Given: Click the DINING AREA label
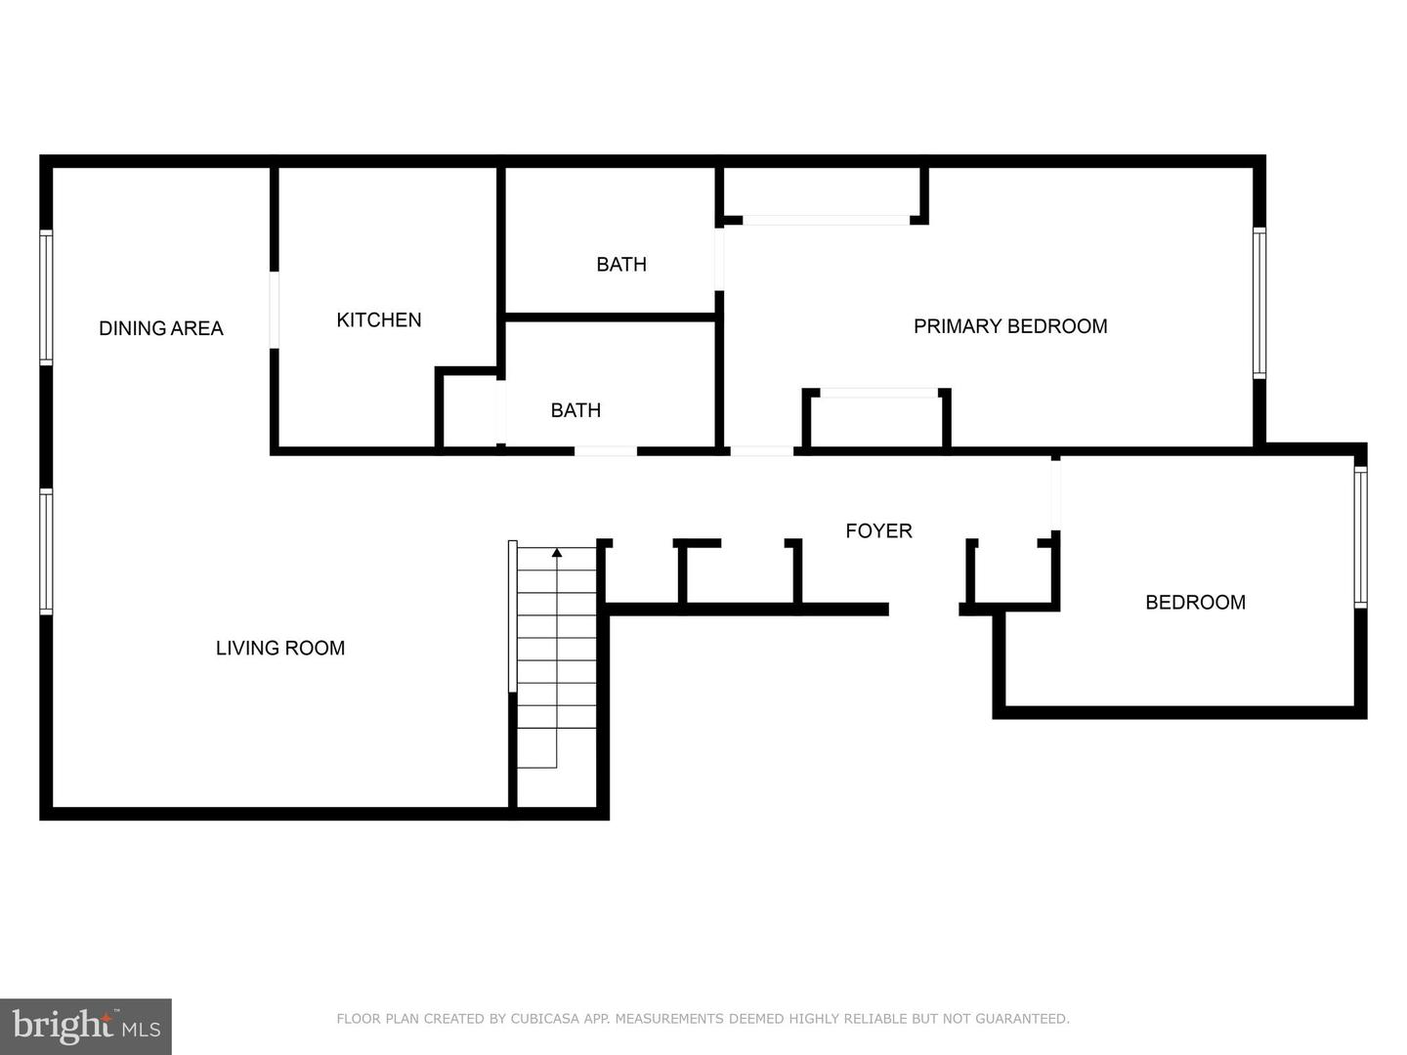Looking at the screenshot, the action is click(161, 328).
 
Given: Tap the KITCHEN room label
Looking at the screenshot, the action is click(379, 320).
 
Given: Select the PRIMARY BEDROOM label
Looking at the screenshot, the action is click(1010, 326).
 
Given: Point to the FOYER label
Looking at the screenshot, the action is click(878, 531).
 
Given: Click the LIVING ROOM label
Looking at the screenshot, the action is click(280, 649).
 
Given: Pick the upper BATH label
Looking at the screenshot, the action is click(621, 265).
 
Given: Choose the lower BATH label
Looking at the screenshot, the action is click(576, 410).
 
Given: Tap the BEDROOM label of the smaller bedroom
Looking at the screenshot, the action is click(1196, 603).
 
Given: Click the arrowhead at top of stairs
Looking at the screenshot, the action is click(557, 552).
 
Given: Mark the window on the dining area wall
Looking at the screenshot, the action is click(46, 297).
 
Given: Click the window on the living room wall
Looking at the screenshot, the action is click(46, 552).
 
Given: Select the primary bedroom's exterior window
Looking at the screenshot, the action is click(1259, 303).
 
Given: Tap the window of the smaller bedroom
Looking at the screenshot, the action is click(1361, 537).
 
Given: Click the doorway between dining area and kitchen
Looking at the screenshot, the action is click(275, 310).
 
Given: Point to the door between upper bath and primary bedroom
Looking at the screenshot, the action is click(719, 260).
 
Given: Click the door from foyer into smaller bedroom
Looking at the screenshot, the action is click(1055, 495).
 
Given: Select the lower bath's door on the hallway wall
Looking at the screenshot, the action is click(606, 451).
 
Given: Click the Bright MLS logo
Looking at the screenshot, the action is click(86, 1027).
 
